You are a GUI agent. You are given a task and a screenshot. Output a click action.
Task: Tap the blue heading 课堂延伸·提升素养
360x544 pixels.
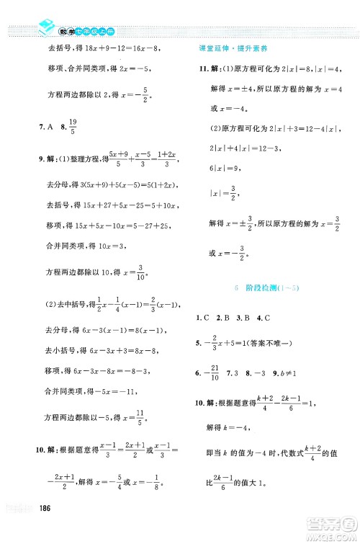(x=228, y=48)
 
